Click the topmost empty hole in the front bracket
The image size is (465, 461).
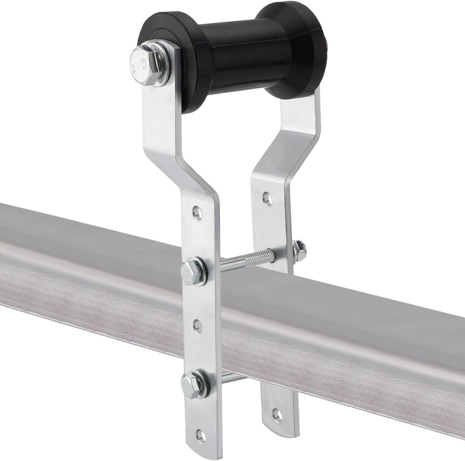point(198,213)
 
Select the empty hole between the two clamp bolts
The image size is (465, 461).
point(198,326)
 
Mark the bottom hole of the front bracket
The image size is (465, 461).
point(201,435)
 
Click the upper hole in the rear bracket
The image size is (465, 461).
point(267,199)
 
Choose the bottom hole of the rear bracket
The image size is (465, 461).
point(277,415)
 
